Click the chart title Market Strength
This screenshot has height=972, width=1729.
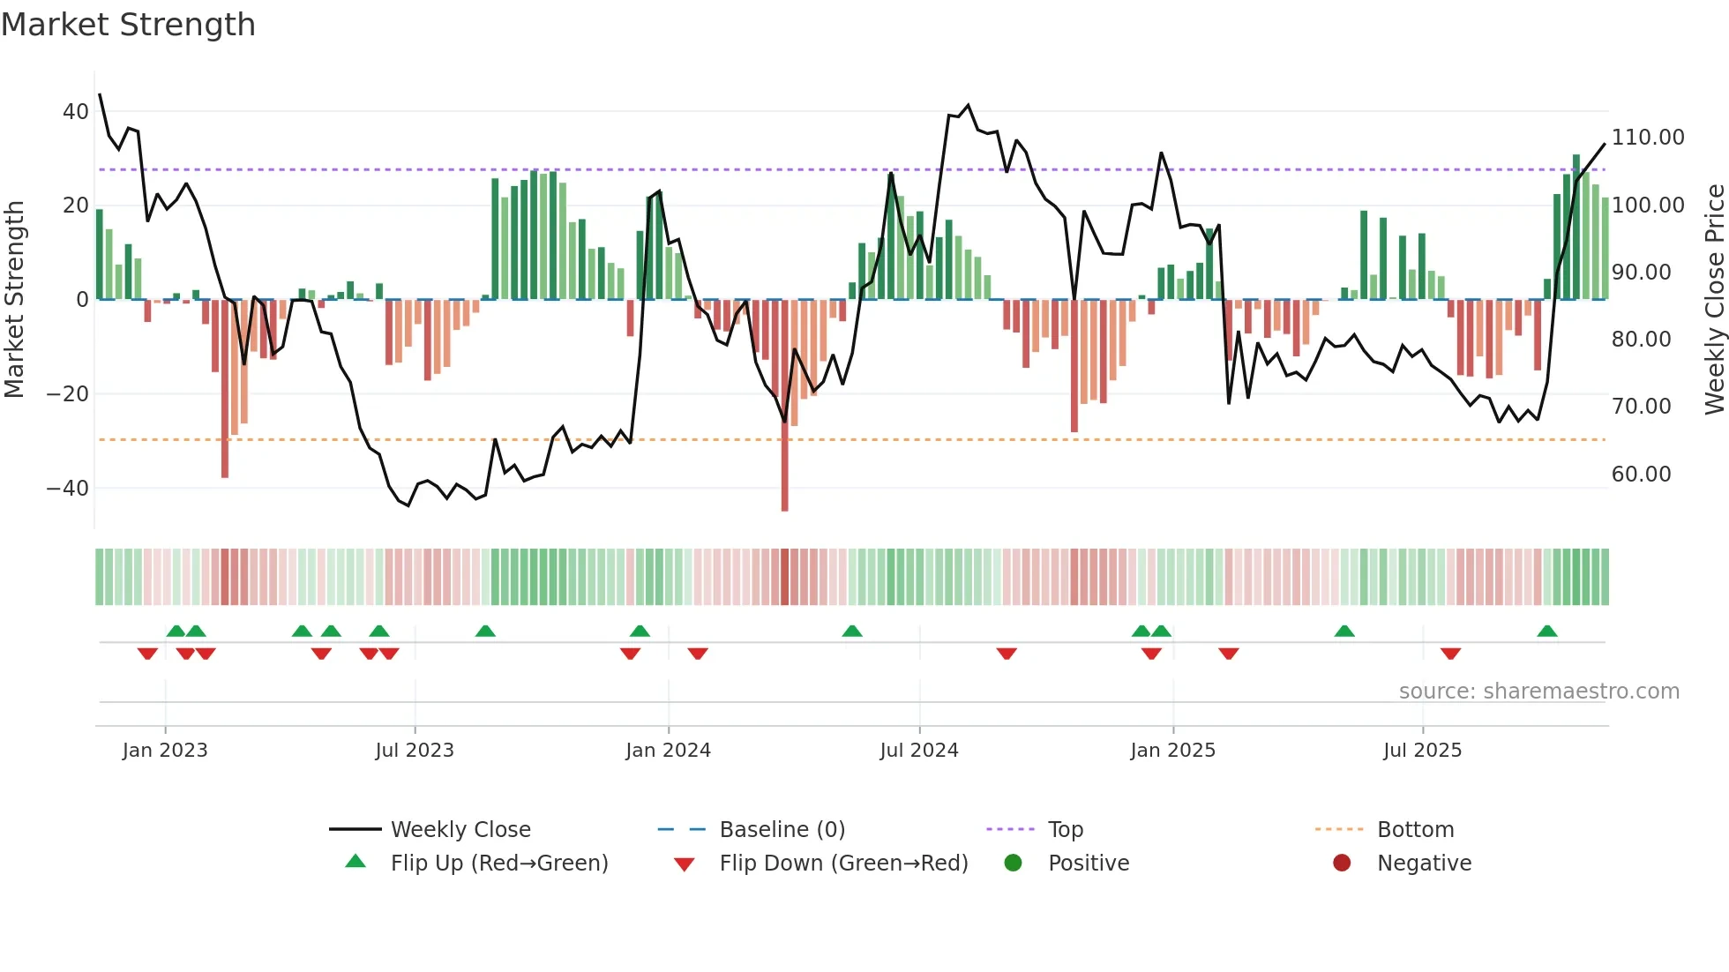click(x=128, y=25)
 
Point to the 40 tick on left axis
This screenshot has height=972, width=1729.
click(x=75, y=112)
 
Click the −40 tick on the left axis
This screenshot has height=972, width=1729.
click(x=67, y=488)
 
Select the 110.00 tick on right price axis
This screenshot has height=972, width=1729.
click(x=1647, y=138)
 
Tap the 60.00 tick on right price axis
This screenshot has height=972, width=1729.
click(x=1641, y=475)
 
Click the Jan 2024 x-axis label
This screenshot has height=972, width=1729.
click(x=668, y=751)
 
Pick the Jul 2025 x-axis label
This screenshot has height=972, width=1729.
click(x=1422, y=751)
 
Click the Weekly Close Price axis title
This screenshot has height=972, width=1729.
click(x=1714, y=300)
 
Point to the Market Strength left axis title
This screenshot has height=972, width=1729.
click(x=15, y=300)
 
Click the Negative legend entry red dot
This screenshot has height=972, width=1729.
click(x=1342, y=863)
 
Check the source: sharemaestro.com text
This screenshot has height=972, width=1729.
click(x=1538, y=692)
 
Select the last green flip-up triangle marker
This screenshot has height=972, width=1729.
click(x=1546, y=632)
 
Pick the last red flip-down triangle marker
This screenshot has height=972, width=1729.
click(x=1450, y=654)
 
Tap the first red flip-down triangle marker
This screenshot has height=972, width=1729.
click(x=147, y=654)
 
